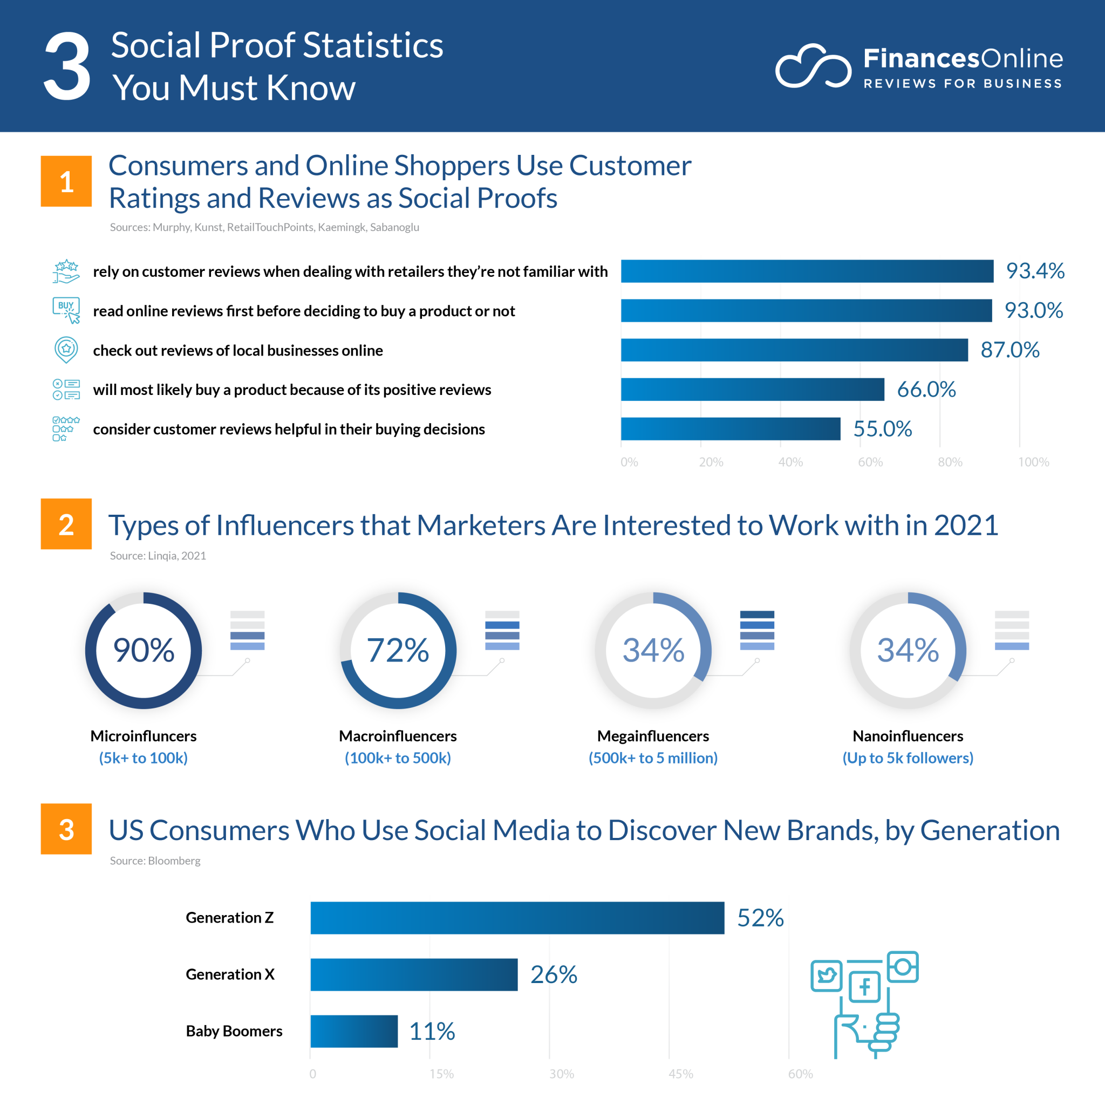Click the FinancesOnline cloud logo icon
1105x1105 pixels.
[812, 67]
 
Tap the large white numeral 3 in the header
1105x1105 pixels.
[67, 67]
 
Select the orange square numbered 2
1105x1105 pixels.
[66, 524]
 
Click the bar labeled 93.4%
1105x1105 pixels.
[807, 271]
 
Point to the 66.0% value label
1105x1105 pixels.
[926, 390]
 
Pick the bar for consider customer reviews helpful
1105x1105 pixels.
[731, 429]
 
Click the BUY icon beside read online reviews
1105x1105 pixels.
[66, 309]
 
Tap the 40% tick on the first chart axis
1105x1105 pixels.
[790, 462]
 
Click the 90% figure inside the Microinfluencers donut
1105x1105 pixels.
[144, 650]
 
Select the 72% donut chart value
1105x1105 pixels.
[398, 650]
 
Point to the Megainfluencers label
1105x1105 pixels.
[653, 736]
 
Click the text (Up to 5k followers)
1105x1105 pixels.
[908, 758]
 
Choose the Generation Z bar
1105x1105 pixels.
[517, 918]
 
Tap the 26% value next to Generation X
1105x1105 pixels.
[553, 974]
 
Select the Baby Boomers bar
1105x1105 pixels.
[354, 1031]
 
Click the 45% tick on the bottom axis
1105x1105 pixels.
[680, 1074]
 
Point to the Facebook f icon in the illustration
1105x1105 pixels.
[864, 987]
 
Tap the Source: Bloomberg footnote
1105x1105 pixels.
[155, 861]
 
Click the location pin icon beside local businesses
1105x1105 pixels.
[66, 350]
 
